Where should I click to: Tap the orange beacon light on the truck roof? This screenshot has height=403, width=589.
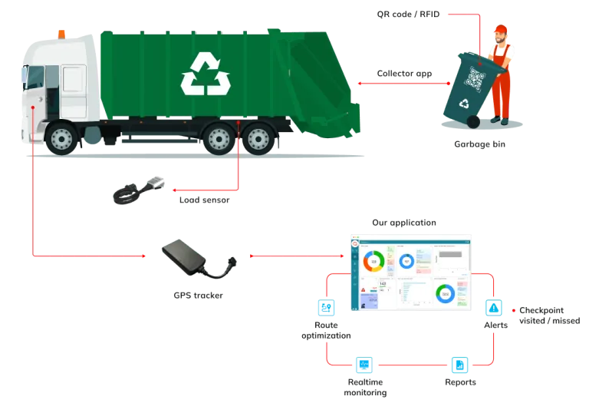point(61,33)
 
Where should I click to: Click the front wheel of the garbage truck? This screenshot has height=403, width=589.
point(61,139)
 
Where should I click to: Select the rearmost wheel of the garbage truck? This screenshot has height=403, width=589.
point(259,139)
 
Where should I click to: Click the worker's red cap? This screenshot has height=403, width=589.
point(500,30)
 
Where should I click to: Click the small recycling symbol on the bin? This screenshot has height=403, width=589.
point(464,104)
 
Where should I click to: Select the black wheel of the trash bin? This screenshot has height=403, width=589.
point(474,122)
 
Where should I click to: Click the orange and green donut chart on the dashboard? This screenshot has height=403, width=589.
point(374,262)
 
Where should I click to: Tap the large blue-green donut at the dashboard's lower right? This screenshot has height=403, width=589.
point(444,294)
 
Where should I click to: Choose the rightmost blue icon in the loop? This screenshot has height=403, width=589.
point(495,309)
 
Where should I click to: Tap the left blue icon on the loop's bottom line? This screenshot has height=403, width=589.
point(363,365)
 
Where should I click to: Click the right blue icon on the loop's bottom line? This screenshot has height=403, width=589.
point(459,365)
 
